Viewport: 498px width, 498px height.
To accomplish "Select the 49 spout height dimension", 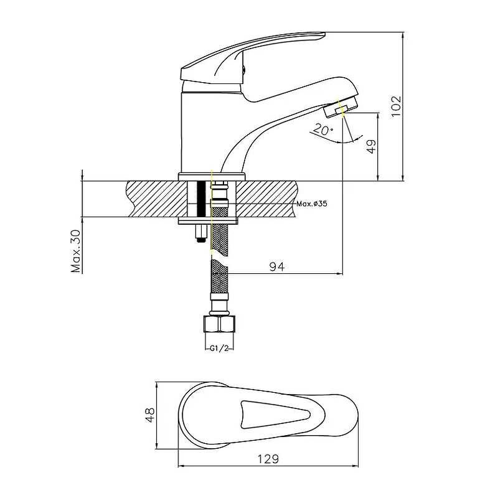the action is pyautogui.click(x=372, y=148).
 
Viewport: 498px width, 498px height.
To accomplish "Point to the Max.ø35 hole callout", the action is pyautogui.click(x=312, y=204).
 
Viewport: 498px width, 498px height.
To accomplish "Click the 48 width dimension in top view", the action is pyautogui.click(x=148, y=415).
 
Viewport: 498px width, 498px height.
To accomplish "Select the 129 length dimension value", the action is pyautogui.click(x=268, y=458).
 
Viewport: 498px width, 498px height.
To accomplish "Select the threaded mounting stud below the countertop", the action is pyautogui.click(x=200, y=233).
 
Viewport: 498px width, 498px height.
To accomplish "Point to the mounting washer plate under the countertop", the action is pyautogui.click(x=208, y=220).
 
